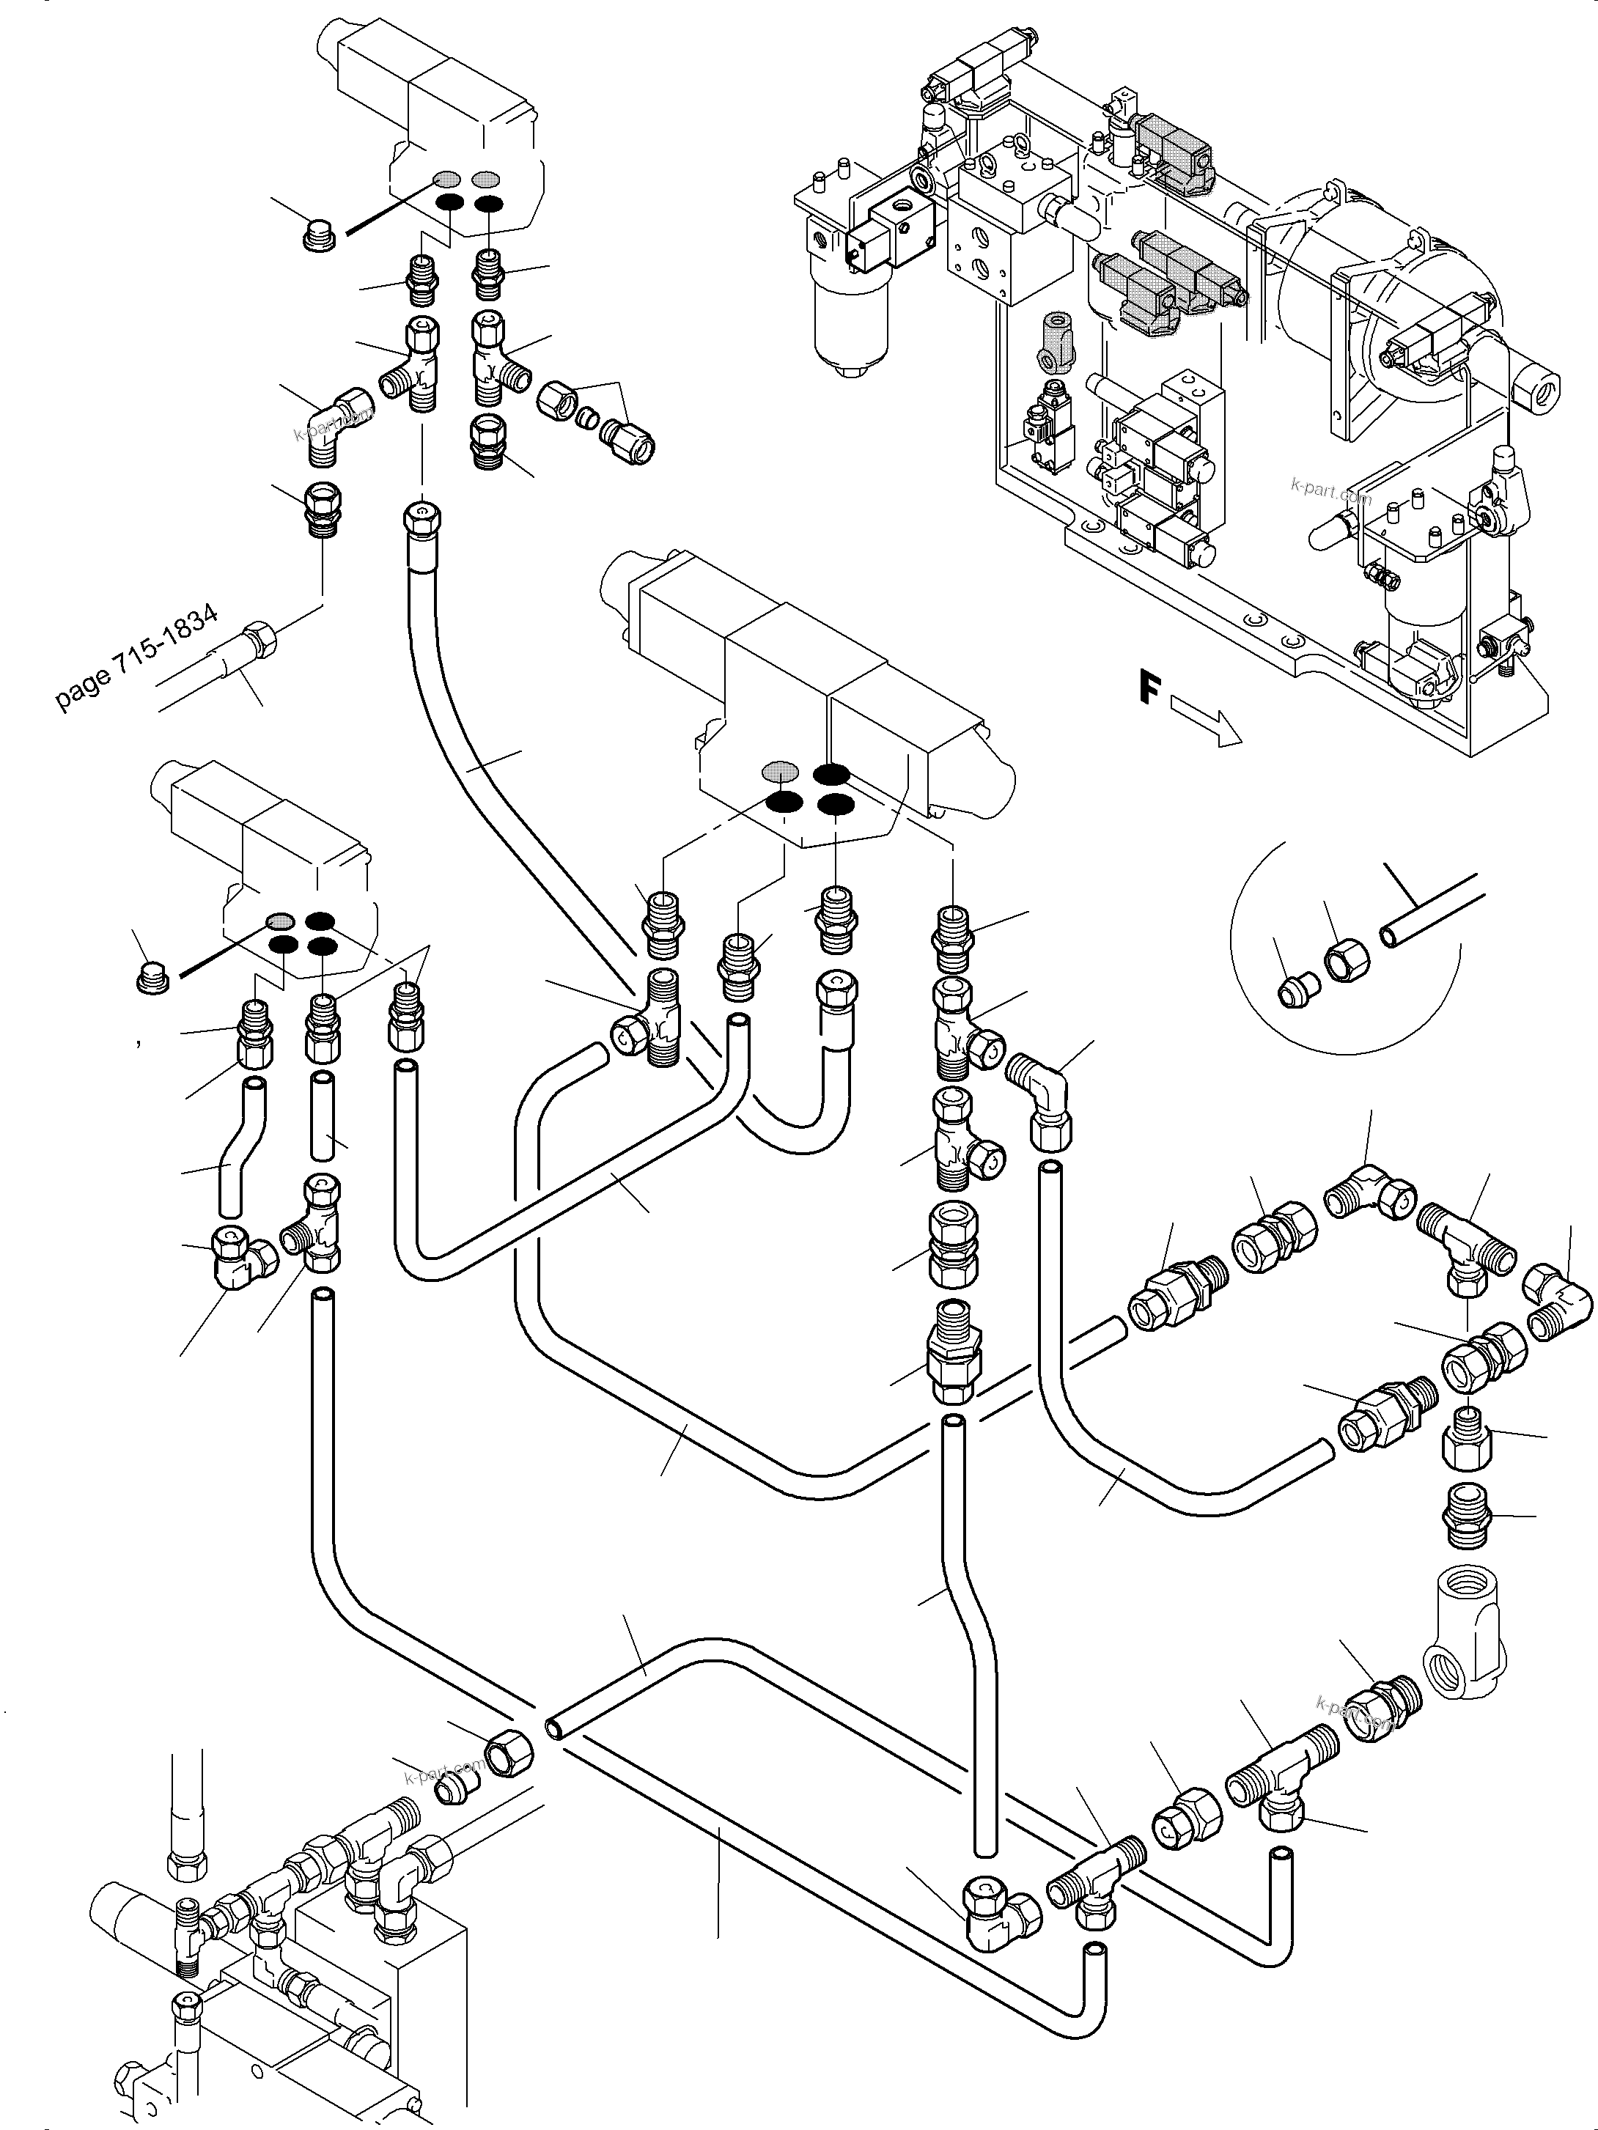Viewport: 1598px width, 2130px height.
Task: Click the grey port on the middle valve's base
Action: pos(779,770)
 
